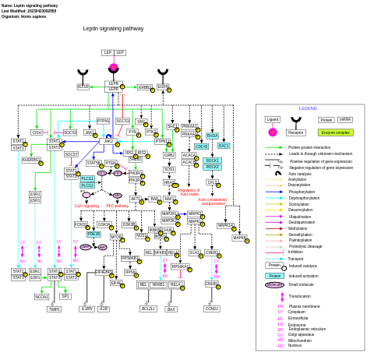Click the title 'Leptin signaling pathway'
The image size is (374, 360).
tap(113, 29)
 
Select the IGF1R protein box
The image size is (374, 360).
tap(83, 86)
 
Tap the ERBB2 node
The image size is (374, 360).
tap(144, 87)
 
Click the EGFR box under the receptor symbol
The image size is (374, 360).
tap(163, 87)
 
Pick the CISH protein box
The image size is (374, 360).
tap(37, 132)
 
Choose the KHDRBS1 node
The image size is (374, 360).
tap(31, 160)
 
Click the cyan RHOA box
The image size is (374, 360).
tap(212, 136)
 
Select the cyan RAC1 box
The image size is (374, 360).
tap(224, 146)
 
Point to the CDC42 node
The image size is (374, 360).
tap(201, 146)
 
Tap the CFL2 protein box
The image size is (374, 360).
tap(212, 182)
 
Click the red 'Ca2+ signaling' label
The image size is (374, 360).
tap(86, 206)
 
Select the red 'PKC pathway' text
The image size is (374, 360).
tap(117, 206)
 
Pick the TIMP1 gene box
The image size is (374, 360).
tap(54, 309)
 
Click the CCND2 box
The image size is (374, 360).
tap(212, 309)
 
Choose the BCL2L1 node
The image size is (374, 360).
tap(148, 309)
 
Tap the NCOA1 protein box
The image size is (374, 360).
tap(41, 297)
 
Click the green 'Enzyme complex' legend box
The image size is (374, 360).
tap(335, 132)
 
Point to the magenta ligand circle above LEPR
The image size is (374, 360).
tap(114, 68)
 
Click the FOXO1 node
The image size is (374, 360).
tap(81, 224)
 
